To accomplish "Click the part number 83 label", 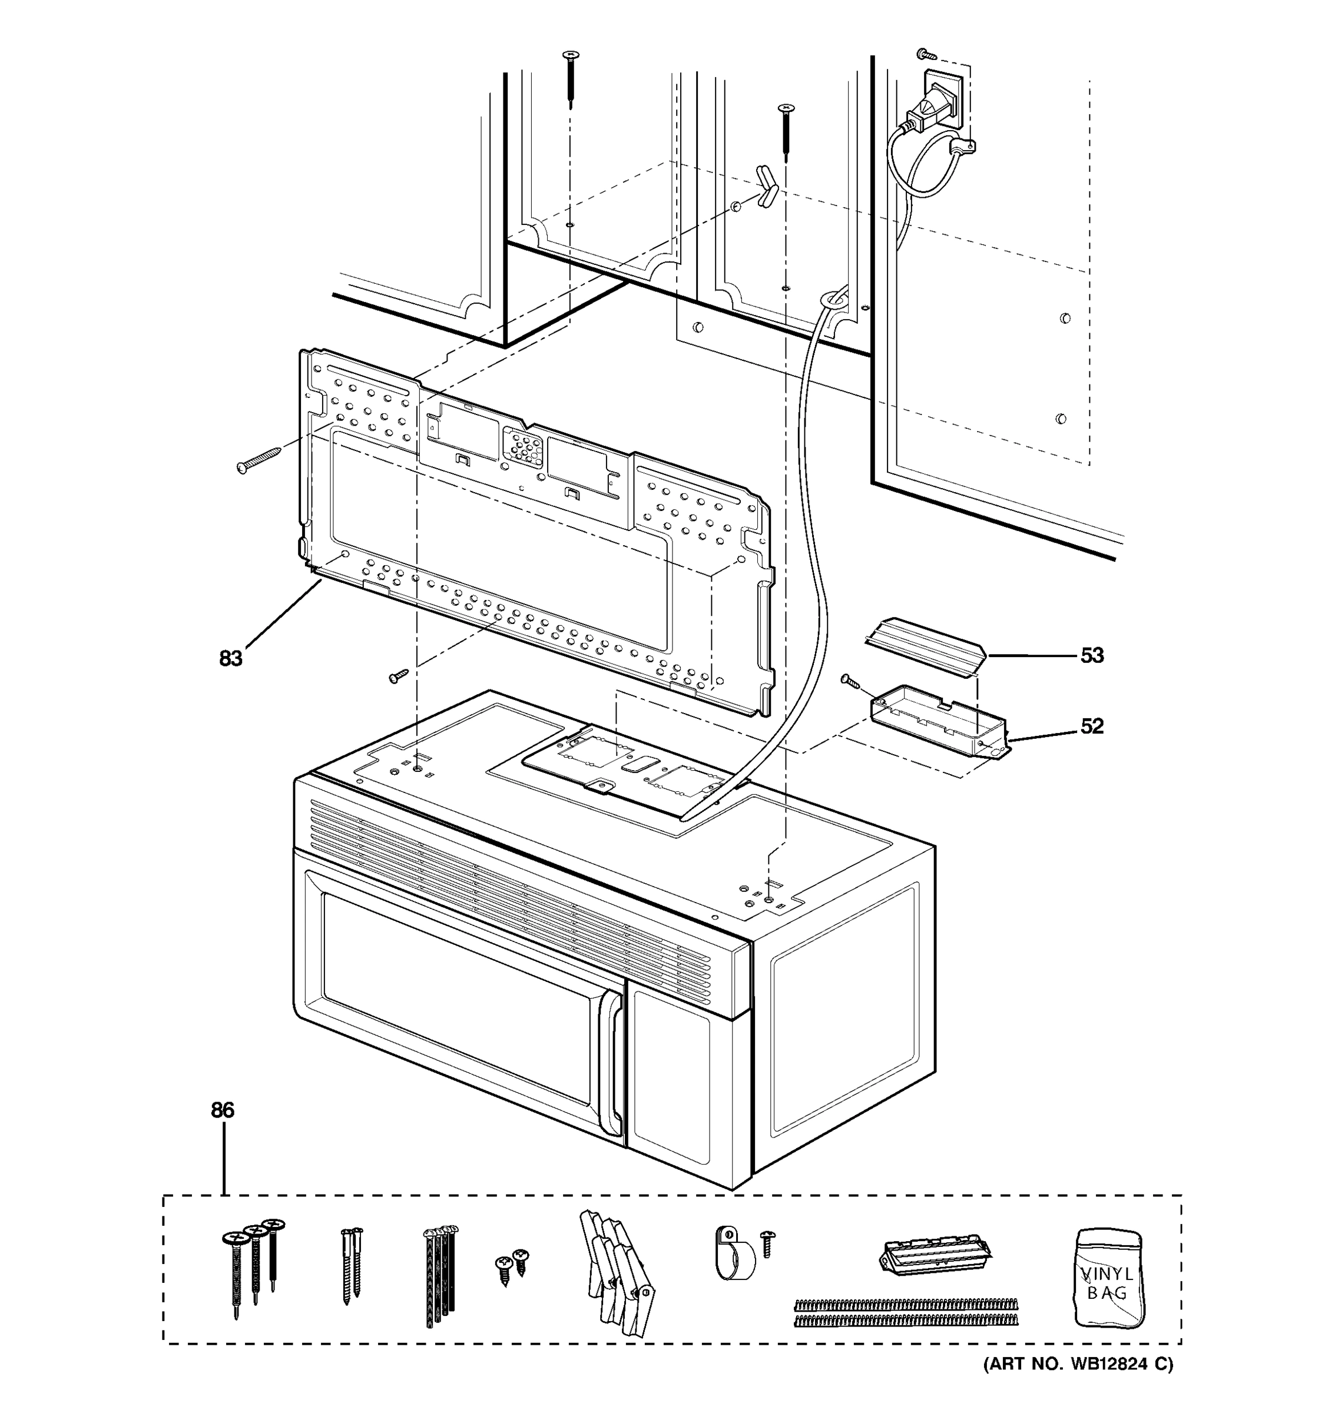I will (230, 659).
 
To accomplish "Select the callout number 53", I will (1092, 655).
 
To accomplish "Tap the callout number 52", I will (1092, 727).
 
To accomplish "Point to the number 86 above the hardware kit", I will (223, 1110).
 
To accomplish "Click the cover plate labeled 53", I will (923, 647).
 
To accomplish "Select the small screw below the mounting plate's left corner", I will (399, 675).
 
